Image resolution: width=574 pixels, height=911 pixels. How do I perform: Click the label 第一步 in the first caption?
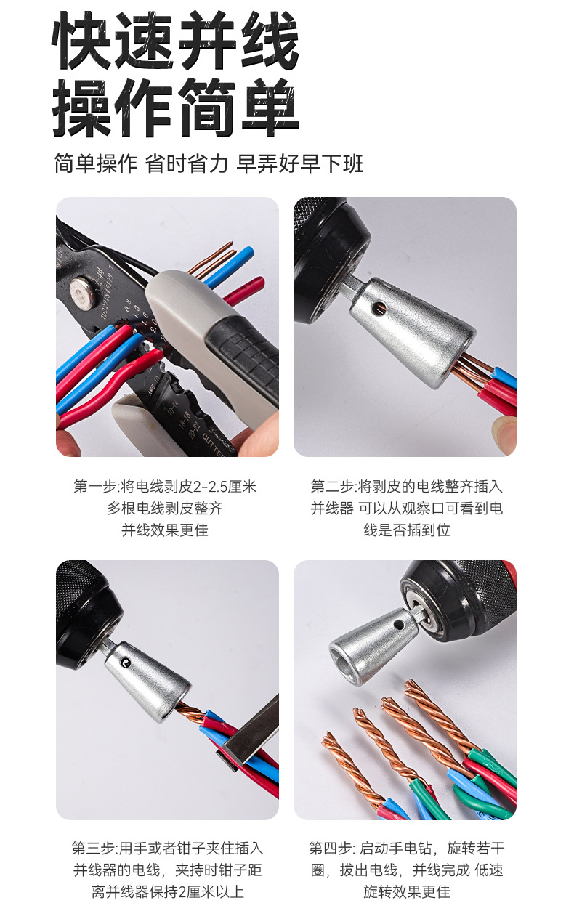90,487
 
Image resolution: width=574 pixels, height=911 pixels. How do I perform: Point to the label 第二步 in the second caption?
328,487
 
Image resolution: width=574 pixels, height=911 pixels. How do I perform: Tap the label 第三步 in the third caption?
88,848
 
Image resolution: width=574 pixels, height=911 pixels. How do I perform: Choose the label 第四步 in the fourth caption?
326,848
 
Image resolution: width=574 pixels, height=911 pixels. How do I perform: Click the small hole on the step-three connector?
127,661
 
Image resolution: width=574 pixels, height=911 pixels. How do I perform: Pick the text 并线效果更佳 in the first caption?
165,530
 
